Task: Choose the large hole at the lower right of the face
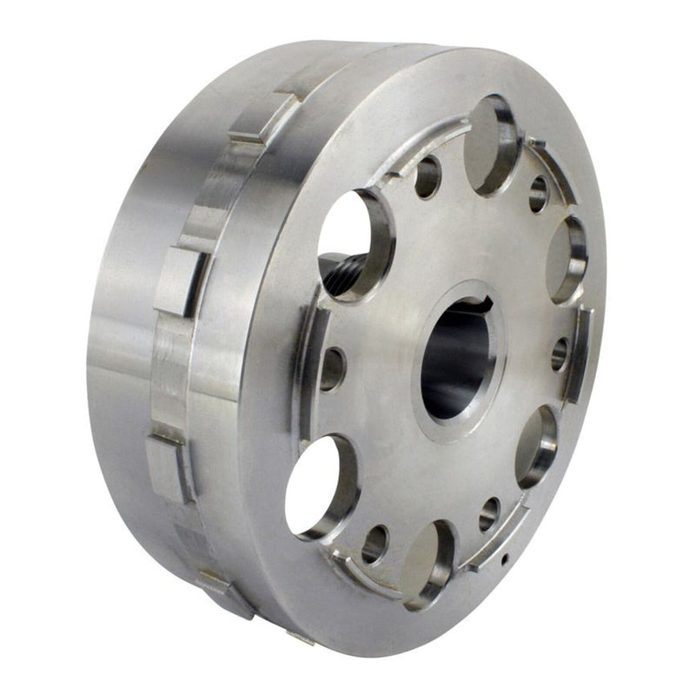[x=536, y=446]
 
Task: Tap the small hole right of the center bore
[x=560, y=354]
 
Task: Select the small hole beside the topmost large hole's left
[x=427, y=176]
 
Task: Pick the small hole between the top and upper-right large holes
[x=539, y=194]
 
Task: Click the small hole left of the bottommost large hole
[x=374, y=545]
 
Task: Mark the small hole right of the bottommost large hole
[x=490, y=514]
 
